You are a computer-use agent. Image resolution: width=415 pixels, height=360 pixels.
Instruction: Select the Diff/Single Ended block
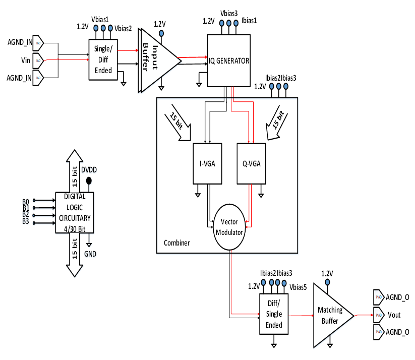pyautogui.click(x=274, y=314)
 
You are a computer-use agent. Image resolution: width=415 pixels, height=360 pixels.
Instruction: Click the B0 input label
pyautogui.click(x=26, y=201)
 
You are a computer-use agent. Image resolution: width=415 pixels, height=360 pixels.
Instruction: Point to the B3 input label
pyautogui.click(x=26, y=222)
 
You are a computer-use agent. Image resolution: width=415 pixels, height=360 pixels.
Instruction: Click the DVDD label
pyautogui.click(x=89, y=169)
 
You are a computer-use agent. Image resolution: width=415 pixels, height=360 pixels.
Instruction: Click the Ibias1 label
pyautogui.click(x=250, y=21)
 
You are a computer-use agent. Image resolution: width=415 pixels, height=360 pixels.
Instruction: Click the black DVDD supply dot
pyautogui.click(x=89, y=181)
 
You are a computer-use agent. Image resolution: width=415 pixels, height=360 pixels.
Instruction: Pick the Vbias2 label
pyautogui.click(x=124, y=28)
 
